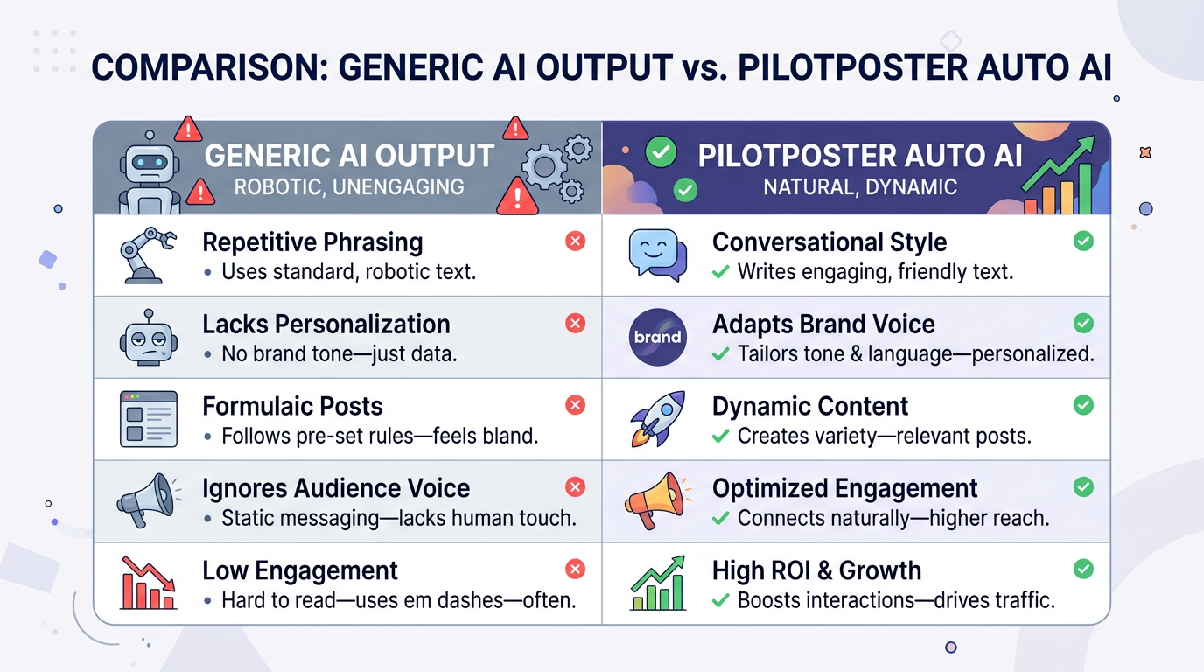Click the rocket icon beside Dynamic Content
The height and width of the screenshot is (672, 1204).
click(x=656, y=419)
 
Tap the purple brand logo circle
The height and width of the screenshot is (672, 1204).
click(x=657, y=337)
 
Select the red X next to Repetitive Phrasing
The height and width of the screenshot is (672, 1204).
click(x=575, y=241)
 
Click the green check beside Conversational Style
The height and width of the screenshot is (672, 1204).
click(x=1083, y=241)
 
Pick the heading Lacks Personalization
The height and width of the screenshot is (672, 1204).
click(x=325, y=324)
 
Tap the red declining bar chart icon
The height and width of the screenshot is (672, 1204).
click(x=148, y=584)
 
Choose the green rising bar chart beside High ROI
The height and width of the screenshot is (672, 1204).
click(x=656, y=584)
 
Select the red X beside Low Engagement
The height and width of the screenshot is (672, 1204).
click(x=575, y=570)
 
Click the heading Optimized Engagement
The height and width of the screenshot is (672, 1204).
click(x=844, y=488)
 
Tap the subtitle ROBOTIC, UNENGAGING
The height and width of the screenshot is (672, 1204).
click(x=348, y=186)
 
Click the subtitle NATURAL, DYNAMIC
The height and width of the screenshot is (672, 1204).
click(x=860, y=186)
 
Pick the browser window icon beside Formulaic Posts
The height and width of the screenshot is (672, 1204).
click(x=148, y=419)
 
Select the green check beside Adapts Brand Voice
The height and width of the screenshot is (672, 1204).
click(x=1083, y=324)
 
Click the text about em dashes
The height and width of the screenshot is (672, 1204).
click(x=399, y=601)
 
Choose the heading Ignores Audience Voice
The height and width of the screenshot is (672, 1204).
click(x=336, y=488)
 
